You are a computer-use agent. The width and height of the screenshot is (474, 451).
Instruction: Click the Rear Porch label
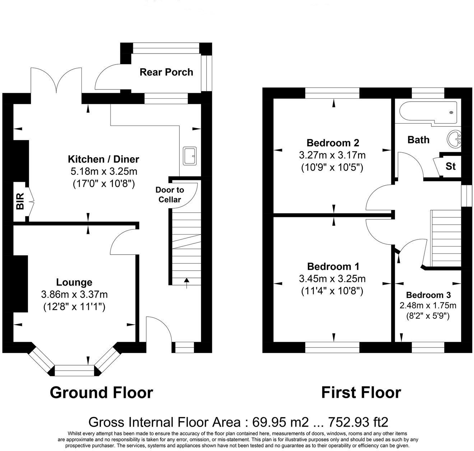(166, 72)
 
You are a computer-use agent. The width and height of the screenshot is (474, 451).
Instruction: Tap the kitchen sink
(190, 156)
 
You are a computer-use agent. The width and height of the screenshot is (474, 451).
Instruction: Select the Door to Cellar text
(169, 195)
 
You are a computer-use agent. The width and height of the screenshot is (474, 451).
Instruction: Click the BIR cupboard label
(20, 201)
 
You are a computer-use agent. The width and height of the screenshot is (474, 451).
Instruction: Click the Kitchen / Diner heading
(103, 159)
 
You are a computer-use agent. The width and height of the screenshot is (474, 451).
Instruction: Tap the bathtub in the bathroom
(428, 112)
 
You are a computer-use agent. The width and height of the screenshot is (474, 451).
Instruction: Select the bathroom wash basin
(454, 139)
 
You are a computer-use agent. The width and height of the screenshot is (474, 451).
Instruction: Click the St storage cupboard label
(450, 166)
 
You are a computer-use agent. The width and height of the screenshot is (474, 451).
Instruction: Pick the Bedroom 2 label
(333, 143)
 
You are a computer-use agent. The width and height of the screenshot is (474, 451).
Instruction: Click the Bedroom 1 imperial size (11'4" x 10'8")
(332, 291)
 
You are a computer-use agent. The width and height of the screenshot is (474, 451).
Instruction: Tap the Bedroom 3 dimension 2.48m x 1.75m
(428, 305)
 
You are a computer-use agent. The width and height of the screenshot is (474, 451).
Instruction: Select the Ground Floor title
(102, 392)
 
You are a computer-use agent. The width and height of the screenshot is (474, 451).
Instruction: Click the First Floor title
(361, 392)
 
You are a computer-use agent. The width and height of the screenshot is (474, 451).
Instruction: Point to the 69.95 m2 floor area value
(280, 422)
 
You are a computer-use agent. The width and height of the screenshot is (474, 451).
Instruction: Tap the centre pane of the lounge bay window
(74, 371)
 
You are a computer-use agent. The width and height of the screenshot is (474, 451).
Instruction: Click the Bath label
(418, 140)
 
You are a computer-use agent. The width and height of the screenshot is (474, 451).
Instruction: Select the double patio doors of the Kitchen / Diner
(56, 82)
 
